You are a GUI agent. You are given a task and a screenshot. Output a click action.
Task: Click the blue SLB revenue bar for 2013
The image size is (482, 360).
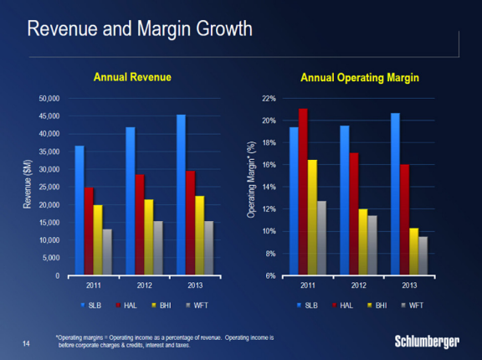click(x=181, y=194)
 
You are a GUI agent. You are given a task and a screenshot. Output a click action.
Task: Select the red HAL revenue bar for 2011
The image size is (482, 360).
click(x=90, y=231)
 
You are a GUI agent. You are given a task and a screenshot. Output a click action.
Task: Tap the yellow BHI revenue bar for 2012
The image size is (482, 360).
click(x=149, y=237)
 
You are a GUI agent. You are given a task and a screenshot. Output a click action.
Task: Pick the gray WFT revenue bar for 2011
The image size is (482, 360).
click(x=107, y=252)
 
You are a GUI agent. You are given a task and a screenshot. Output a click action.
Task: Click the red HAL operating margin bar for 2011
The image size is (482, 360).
click(x=303, y=192)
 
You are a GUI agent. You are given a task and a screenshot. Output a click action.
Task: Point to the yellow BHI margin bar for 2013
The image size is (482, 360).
click(x=413, y=251)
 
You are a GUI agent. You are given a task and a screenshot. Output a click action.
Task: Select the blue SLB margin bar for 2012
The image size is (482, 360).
click(x=345, y=200)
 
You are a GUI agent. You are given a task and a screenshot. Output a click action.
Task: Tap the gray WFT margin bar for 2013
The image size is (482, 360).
click(x=423, y=255)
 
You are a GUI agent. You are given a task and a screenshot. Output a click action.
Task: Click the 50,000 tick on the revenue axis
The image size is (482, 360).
click(x=49, y=99)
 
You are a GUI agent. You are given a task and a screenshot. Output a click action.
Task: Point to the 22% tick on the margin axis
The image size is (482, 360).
click(x=269, y=99)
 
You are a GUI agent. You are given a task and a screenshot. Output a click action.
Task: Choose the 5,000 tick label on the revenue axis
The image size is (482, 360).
click(x=51, y=258)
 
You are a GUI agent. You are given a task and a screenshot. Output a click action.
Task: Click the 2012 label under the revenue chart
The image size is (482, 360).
click(x=145, y=285)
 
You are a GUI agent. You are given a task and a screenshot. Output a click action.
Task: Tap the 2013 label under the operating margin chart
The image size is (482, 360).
click(x=409, y=285)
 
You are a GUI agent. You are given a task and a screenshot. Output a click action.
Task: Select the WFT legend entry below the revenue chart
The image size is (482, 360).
click(x=197, y=306)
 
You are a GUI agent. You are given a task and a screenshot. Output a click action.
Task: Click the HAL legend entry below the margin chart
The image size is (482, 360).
click(x=343, y=306)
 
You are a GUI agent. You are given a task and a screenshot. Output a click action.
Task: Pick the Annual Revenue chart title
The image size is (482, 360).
click(x=132, y=77)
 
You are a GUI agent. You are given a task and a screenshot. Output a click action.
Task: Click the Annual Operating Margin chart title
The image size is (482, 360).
click(x=360, y=78)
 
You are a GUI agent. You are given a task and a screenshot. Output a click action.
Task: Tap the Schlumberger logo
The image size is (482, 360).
click(x=427, y=342)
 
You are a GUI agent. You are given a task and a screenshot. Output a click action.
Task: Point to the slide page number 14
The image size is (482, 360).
click(x=26, y=343)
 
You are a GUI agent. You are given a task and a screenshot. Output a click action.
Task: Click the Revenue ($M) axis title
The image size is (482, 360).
click(x=28, y=184)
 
